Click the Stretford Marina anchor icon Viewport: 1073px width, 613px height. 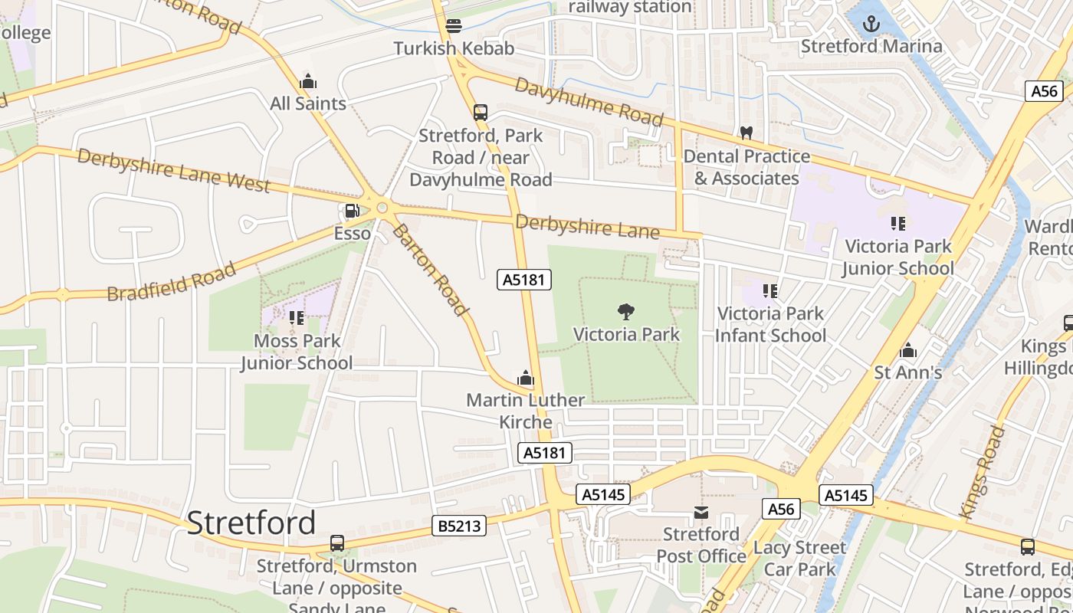pyautogui.click(x=871, y=24)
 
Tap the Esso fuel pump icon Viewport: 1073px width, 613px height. pyautogui.click(x=352, y=211)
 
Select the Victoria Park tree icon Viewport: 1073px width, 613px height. pyautogui.click(x=626, y=311)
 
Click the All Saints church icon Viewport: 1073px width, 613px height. pyautogui.click(x=308, y=81)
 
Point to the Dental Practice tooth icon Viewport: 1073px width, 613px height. pyautogui.click(x=746, y=133)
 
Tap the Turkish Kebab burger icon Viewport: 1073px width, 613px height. pyautogui.click(x=454, y=26)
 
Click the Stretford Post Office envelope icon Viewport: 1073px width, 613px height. pyautogui.click(x=701, y=512)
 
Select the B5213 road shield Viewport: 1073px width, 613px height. pyautogui.click(x=459, y=526)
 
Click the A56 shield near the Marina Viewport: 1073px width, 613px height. pyautogui.click(x=1044, y=91)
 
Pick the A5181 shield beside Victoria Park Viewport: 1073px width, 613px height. pyautogui.click(x=524, y=280)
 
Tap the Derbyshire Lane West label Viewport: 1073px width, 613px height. pyautogui.click(x=174, y=171)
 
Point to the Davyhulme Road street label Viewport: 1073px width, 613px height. pyautogui.click(x=588, y=102)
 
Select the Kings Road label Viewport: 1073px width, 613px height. pyautogui.click(x=982, y=471)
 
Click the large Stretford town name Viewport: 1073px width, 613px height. pyautogui.click(x=251, y=523)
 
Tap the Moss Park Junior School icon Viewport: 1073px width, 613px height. pyautogui.click(x=297, y=317)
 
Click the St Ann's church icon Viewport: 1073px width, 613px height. pyautogui.click(x=908, y=351)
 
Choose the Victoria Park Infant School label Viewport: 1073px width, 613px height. pyautogui.click(x=770, y=324)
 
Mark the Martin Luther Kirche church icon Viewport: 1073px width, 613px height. pyautogui.click(x=526, y=378)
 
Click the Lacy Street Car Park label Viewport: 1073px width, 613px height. pyautogui.click(x=799, y=558)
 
